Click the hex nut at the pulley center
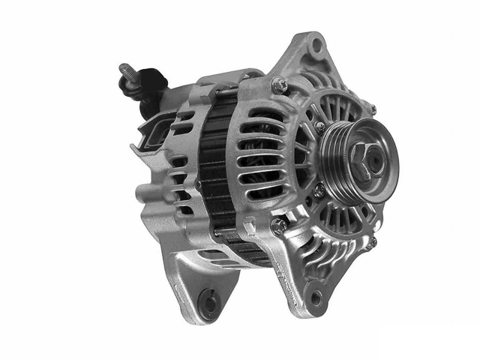(361, 155)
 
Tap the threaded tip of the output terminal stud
(124, 69)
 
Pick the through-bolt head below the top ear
(279, 85)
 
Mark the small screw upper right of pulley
(372, 109)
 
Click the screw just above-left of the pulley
(319, 125)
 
